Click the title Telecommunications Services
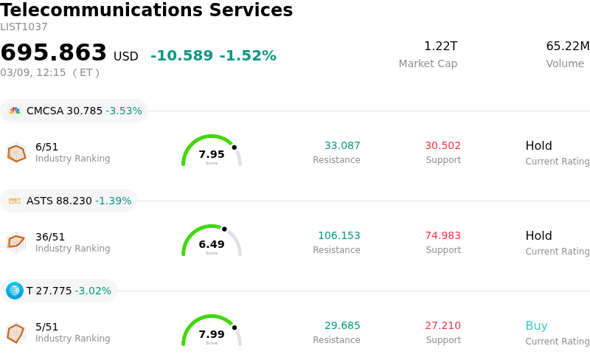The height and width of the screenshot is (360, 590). click(147, 11)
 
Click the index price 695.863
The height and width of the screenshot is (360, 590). click(54, 53)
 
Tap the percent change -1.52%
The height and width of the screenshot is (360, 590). click(248, 56)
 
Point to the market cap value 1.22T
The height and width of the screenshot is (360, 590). click(440, 46)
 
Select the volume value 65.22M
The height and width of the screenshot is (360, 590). click(567, 46)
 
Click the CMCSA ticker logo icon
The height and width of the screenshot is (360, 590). click(15, 111)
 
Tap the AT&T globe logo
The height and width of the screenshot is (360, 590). click(15, 291)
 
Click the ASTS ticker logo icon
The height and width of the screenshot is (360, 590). click(15, 201)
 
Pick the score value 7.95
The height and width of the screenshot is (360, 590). click(212, 154)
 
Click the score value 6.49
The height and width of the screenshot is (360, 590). click(212, 244)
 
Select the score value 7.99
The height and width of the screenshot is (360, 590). click(212, 334)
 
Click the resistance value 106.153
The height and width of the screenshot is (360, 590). click(339, 236)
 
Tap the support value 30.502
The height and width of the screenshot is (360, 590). click(443, 146)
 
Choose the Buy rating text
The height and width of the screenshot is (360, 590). click(536, 326)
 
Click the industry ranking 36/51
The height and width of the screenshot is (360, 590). click(50, 237)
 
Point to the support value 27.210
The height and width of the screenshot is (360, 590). click(443, 326)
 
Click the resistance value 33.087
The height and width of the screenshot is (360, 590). click(342, 146)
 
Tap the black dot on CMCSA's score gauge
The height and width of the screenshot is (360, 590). click(235, 147)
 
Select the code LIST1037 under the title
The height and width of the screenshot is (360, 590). click(24, 27)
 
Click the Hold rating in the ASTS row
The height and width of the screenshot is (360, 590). click(538, 236)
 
